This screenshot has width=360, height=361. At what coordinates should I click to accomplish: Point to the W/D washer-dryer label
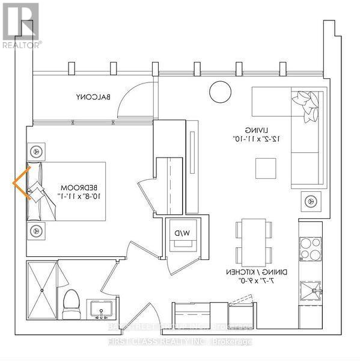180,232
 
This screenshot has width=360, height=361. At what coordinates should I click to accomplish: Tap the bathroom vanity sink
100,310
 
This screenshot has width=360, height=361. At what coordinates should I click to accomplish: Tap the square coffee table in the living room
264,168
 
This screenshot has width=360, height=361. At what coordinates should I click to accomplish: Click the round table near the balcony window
220,92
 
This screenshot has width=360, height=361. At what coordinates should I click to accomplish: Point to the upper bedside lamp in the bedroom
35,150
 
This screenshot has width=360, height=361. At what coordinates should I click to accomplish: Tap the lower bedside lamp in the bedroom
35,229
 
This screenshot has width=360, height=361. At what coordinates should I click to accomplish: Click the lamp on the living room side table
311,201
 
